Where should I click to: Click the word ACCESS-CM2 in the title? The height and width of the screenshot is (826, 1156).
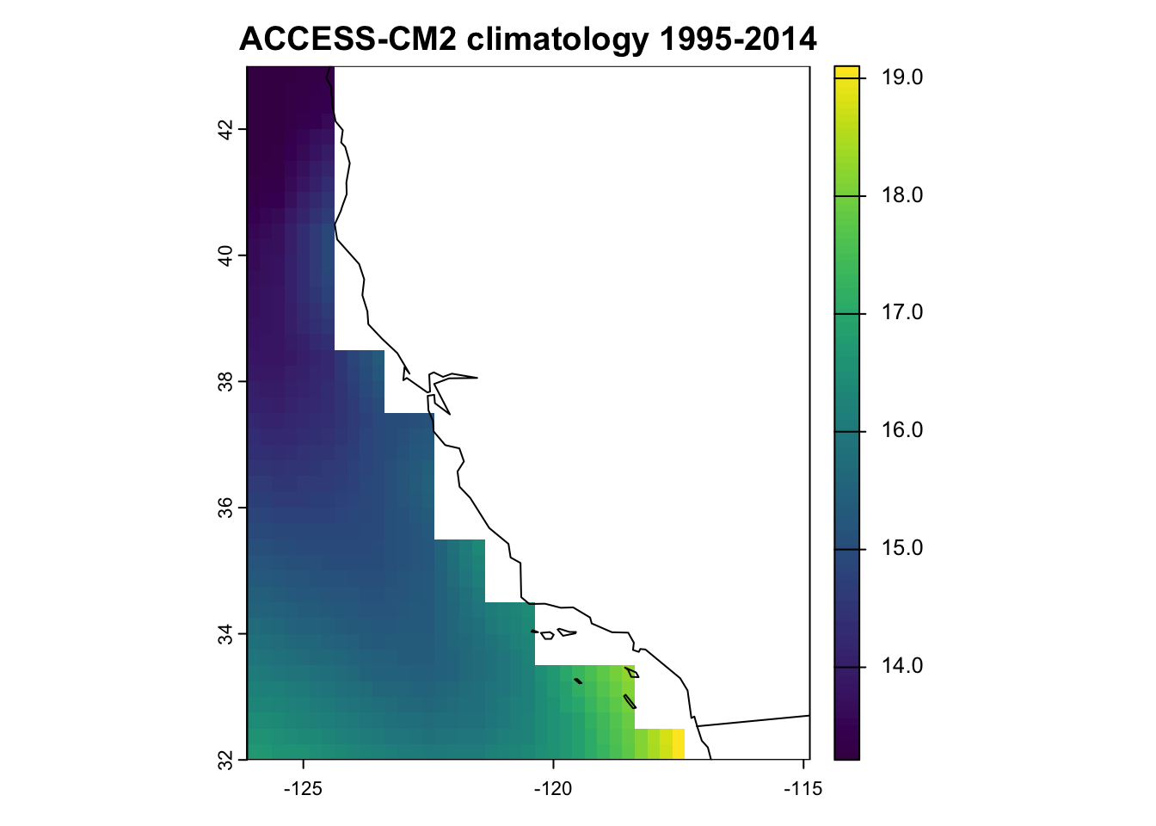(348, 39)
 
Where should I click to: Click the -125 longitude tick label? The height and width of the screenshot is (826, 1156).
(304, 789)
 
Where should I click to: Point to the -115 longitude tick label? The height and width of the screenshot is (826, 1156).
(802, 789)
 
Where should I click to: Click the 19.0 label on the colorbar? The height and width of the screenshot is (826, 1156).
(902, 77)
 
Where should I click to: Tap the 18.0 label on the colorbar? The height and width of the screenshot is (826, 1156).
(902, 195)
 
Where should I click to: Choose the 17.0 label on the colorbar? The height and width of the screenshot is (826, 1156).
(902, 313)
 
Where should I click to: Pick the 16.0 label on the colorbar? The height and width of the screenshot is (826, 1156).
(902, 430)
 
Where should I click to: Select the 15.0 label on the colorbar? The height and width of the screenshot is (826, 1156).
(902, 548)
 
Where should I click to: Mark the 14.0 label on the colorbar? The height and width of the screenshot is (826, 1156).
(902, 666)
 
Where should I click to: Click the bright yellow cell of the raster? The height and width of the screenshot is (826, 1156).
(679, 743)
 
